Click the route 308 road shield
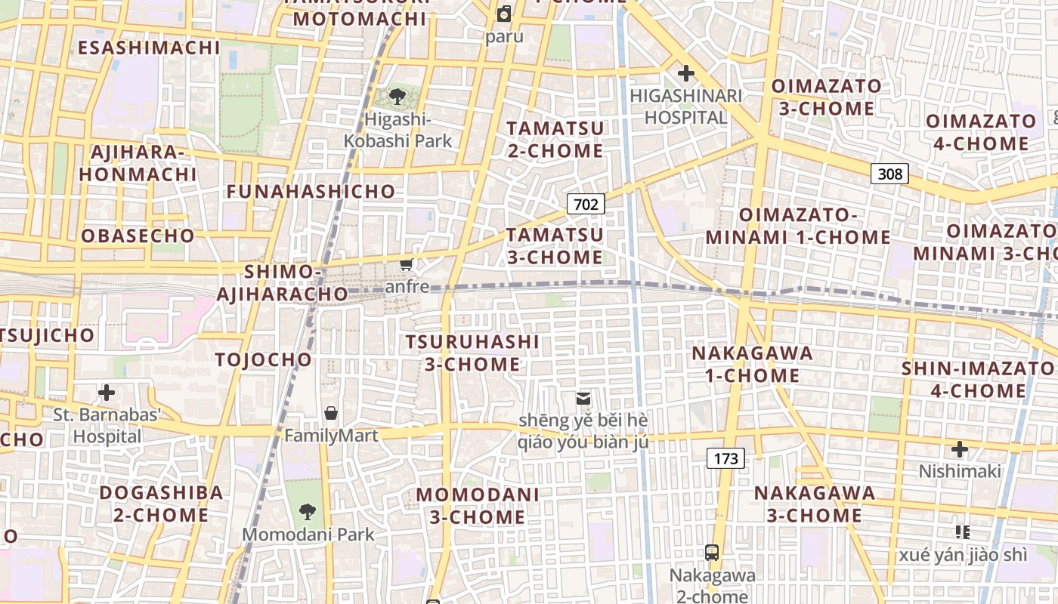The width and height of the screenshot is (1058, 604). point(889,174)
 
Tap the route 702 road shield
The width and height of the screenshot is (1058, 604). point(586,204)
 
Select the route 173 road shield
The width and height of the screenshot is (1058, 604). point(725,458)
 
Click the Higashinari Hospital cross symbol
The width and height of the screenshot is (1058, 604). point(686,74)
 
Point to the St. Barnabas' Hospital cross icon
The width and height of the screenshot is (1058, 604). point(107,393)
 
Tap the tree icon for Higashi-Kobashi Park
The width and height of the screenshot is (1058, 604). point(397,97)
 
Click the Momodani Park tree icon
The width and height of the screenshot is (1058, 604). point(308,512)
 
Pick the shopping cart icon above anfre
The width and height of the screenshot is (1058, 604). point(407,264)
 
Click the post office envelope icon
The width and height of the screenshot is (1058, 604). point(583,398)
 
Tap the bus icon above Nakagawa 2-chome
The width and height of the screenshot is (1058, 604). point(712,552)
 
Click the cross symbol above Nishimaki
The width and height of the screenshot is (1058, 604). point(960,450)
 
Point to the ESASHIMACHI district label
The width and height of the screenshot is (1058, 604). point(149,48)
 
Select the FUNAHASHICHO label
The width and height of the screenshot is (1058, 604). point(311,192)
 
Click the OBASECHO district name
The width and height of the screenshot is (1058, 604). point(138,236)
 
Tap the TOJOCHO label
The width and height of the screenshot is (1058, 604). point(263,359)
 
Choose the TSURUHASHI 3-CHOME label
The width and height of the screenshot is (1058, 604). point(472,353)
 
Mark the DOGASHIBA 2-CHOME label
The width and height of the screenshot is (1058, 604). point(161,504)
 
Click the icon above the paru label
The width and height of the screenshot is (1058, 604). point(504,13)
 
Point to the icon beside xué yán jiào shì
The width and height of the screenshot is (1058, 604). point(962,532)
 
